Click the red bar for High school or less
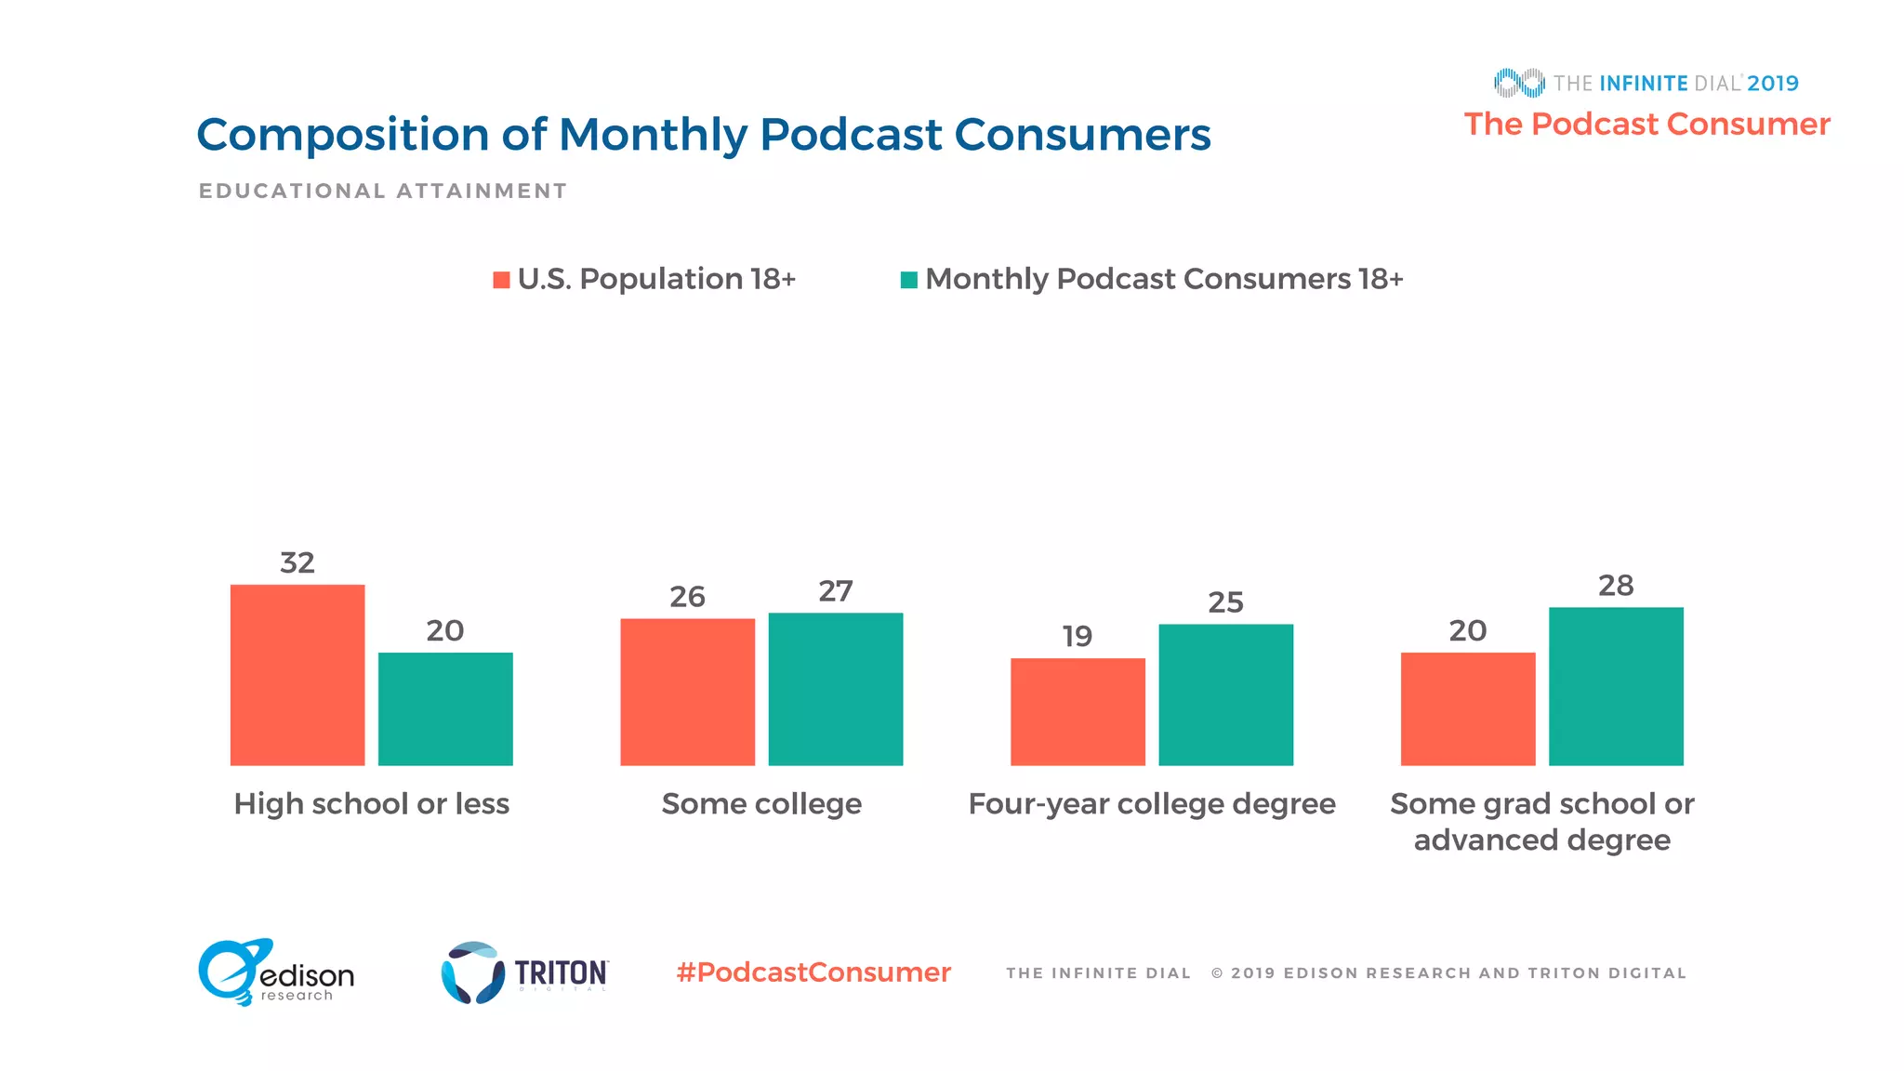pos(297,675)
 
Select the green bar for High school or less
pos(445,708)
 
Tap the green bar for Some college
pos(836,689)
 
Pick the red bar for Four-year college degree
pos(1078,711)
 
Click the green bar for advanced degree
pos(1616,686)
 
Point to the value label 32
pos(297,562)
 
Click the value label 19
pos(1078,636)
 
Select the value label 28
pos(1616,586)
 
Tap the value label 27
pos(836,591)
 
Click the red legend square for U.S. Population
pos(501,280)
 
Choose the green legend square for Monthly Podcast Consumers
pos(909,280)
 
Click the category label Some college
pos(761,803)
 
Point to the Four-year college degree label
pos(1152,803)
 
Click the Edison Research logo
pos(275,972)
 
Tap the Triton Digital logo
pos(525,972)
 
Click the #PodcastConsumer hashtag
pos(813,972)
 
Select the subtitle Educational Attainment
pos(382,191)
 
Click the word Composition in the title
pos(342,136)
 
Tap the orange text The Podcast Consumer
pos(1646,124)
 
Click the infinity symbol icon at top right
pos(1519,83)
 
